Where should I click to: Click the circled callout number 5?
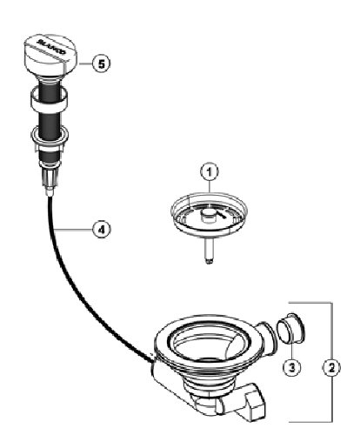click(x=101, y=64)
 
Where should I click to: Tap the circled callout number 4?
click(x=101, y=230)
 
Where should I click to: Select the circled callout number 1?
click(x=210, y=172)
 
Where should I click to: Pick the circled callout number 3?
click(x=292, y=368)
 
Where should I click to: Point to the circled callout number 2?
click(x=332, y=368)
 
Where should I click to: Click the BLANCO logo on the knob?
click(x=51, y=47)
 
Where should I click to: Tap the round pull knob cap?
click(x=50, y=55)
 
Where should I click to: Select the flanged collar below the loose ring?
click(x=50, y=136)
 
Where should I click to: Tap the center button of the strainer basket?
click(x=208, y=216)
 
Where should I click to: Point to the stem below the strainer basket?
click(x=209, y=251)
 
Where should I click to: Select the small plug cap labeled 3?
click(x=290, y=328)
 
